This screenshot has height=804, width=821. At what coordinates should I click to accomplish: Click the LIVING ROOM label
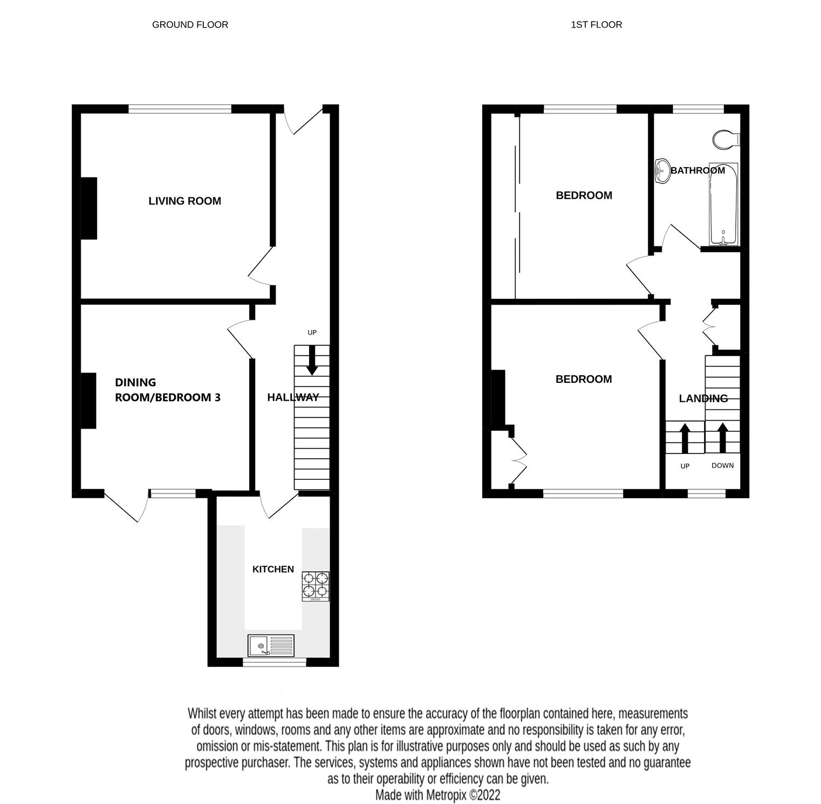click(184, 201)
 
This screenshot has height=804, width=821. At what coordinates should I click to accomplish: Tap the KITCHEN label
click(273, 569)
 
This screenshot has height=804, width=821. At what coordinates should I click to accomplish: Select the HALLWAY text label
click(293, 397)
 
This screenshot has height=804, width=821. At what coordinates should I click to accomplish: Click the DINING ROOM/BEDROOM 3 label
click(167, 390)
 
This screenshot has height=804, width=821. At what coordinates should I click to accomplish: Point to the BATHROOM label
click(697, 170)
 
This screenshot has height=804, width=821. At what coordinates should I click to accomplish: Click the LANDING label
click(703, 398)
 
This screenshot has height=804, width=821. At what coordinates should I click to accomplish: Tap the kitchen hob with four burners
click(316, 586)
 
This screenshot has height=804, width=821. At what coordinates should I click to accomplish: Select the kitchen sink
click(271, 645)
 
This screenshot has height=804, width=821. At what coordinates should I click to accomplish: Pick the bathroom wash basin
click(661, 171)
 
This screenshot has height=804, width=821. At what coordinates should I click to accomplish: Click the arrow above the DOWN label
click(722, 437)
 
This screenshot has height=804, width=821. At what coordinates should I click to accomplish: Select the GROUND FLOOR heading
click(190, 25)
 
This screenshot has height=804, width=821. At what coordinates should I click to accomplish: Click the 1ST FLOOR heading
click(596, 25)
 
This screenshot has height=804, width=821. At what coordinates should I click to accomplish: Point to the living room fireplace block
click(89, 208)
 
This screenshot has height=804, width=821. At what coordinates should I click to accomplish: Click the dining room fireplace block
click(89, 401)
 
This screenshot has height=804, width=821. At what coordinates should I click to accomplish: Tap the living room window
click(180, 109)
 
